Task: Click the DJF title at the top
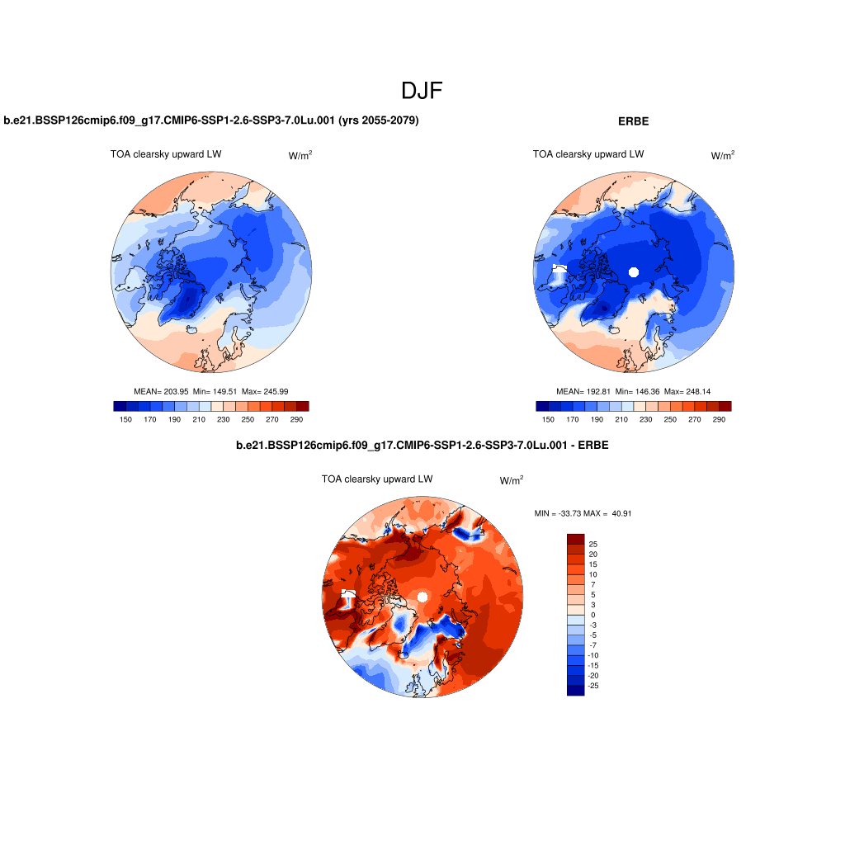422,91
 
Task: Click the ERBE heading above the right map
633,121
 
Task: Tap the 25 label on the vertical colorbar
592,545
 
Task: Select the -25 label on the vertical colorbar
592,686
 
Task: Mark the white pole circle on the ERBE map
634,271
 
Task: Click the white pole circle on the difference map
422,597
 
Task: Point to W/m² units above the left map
300,155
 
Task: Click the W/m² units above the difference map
511,480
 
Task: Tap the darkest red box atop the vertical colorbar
575,539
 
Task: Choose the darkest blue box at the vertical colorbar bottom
575,691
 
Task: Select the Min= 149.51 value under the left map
212,391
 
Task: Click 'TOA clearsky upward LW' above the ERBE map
588,154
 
